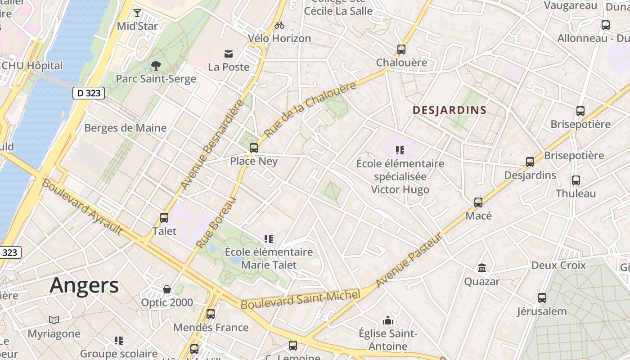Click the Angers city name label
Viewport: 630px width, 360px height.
click(84, 285)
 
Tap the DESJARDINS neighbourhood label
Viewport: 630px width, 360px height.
click(450, 110)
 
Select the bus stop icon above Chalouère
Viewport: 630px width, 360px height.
click(401, 49)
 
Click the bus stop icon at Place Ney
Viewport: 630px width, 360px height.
click(254, 148)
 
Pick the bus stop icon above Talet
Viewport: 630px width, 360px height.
click(164, 218)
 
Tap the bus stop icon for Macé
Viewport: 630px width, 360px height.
click(478, 202)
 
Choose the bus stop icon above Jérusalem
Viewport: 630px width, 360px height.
click(542, 298)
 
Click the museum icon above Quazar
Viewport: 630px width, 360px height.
click(482, 268)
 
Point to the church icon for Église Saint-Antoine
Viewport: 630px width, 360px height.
click(388, 320)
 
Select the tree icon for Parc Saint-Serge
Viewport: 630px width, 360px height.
click(156, 66)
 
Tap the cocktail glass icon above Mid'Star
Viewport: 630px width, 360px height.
click(137, 13)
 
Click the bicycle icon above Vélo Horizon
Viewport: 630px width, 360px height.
click(279, 25)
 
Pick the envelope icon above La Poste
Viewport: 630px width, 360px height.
click(229, 54)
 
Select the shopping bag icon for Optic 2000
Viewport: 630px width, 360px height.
click(167, 289)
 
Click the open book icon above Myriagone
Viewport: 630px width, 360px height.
click(54, 320)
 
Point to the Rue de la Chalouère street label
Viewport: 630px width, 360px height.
click(310, 110)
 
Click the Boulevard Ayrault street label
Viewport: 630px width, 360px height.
click(82, 207)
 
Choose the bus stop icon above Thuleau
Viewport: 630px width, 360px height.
click(576, 180)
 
